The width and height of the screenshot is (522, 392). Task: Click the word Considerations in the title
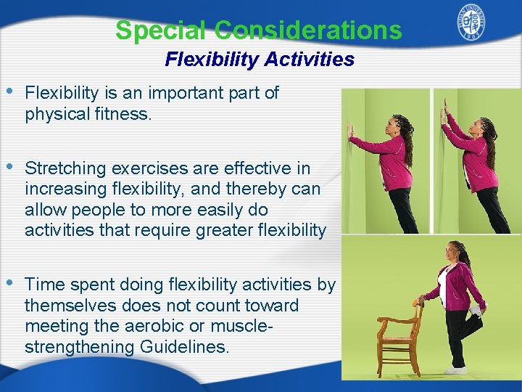coord(308,30)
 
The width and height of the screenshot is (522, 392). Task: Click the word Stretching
coord(61,168)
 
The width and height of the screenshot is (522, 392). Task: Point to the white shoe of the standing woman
coord(455,369)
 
